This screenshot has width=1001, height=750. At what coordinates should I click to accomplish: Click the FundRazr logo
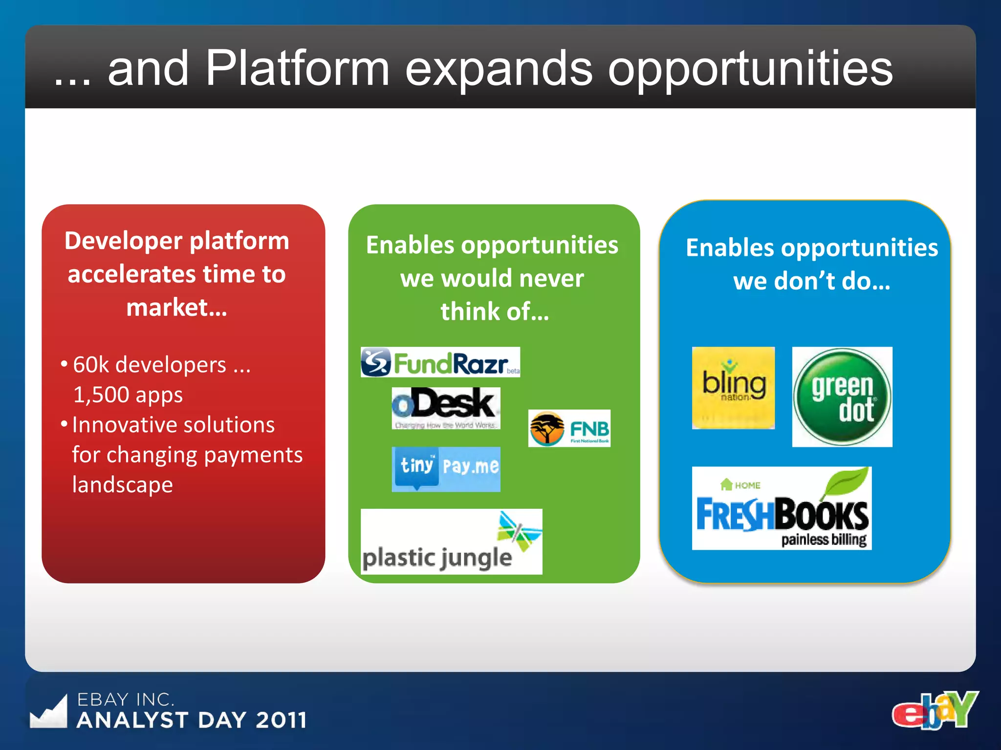440,362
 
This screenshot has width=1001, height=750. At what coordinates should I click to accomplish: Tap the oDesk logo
446,408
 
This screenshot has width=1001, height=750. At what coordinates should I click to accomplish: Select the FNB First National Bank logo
569,428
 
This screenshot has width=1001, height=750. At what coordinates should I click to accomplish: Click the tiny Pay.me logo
446,469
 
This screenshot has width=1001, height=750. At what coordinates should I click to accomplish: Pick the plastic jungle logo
451,542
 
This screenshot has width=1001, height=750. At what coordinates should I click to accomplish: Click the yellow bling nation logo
733,388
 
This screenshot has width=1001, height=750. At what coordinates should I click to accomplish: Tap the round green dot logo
842,397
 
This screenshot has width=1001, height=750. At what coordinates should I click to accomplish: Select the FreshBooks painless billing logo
782,508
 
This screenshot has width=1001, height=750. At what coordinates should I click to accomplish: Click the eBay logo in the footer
935,710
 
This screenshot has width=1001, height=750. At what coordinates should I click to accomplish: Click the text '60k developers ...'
161,365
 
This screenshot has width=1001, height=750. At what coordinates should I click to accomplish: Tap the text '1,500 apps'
128,395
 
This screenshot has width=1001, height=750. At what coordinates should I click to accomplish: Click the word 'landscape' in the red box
122,485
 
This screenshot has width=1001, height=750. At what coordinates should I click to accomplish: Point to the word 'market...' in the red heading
176,308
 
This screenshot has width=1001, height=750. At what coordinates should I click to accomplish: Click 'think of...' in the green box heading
494,312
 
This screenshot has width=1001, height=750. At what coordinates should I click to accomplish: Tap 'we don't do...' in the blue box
811,281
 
